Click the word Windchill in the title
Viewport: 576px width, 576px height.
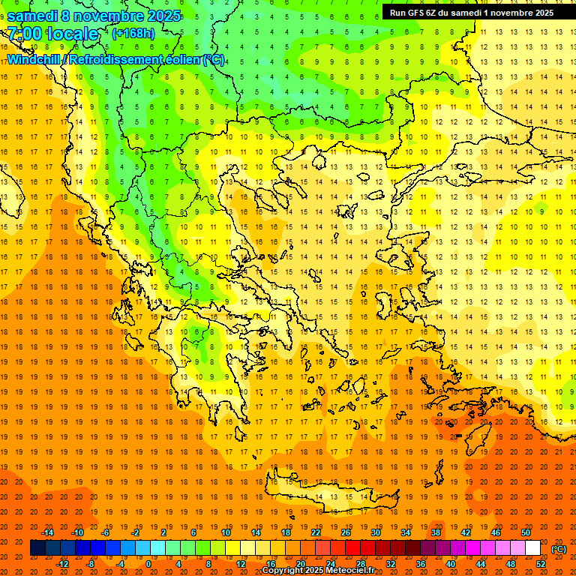click(x=34, y=59)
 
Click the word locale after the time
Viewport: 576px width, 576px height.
click(x=73, y=34)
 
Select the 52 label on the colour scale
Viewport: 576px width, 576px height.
click(x=541, y=564)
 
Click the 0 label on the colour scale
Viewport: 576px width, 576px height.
click(x=148, y=564)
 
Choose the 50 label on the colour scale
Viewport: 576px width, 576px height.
click(x=525, y=532)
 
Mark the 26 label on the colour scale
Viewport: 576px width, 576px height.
click(x=346, y=532)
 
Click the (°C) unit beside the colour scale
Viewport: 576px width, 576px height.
click(x=559, y=549)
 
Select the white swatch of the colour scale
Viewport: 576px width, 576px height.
click(x=532, y=548)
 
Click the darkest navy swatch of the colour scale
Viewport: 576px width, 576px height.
click(x=37, y=548)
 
